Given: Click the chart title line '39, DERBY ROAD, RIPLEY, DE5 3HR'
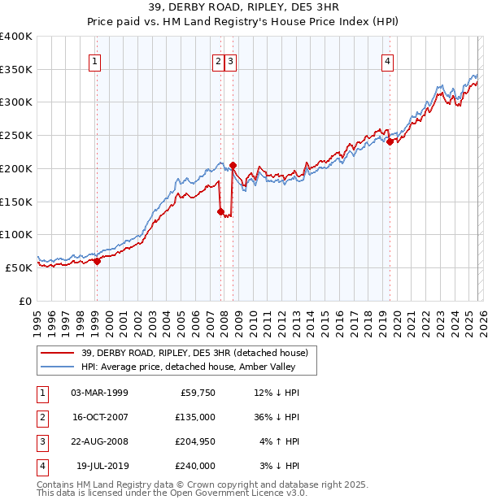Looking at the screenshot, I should (244, 7).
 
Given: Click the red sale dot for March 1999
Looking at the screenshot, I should (97, 261).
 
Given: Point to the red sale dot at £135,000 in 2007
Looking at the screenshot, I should (221, 211).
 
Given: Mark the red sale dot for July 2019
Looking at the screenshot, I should (390, 141).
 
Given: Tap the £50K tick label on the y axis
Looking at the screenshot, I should (20, 267).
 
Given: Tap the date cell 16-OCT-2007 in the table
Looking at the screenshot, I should (99, 417).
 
